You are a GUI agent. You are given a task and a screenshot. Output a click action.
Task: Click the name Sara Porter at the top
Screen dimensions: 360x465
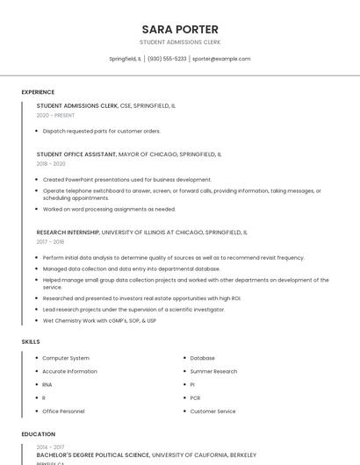(180, 29)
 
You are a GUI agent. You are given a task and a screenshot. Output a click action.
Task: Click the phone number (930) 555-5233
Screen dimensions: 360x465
(167, 59)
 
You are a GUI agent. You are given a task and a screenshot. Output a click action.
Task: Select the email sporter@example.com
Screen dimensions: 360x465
(221, 59)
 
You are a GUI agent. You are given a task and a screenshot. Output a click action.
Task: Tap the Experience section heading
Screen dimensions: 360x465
(38, 92)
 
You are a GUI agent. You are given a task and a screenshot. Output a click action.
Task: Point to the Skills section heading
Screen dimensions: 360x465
(31, 341)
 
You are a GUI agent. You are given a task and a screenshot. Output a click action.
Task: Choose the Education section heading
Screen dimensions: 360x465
(38, 434)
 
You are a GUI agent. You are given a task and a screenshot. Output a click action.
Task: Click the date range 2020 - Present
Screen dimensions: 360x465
(55, 115)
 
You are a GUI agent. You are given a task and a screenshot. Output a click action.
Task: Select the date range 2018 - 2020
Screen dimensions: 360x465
(51, 163)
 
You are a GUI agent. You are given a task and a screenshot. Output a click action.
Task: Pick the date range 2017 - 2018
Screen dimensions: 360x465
(50, 241)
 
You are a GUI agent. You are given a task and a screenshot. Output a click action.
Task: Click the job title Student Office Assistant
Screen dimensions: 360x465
(76, 154)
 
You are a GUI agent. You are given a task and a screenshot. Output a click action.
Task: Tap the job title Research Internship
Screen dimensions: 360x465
(68, 232)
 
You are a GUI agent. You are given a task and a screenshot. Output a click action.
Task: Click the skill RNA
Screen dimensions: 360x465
(47, 384)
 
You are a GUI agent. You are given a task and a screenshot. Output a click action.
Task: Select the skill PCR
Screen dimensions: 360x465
(196, 397)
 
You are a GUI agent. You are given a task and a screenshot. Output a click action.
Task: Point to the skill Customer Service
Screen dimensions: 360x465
(212, 411)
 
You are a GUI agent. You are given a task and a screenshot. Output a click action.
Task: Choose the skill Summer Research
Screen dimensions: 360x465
(213, 371)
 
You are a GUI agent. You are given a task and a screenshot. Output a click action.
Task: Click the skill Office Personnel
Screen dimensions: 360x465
(63, 411)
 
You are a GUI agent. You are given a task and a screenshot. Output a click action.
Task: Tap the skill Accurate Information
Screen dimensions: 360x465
(69, 371)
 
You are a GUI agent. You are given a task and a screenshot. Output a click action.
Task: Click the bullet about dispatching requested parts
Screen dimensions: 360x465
(101, 131)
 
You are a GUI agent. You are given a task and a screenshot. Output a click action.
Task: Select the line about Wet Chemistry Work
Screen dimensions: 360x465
(99, 320)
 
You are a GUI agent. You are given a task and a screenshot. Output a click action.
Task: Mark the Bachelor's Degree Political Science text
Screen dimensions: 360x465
(93, 455)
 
